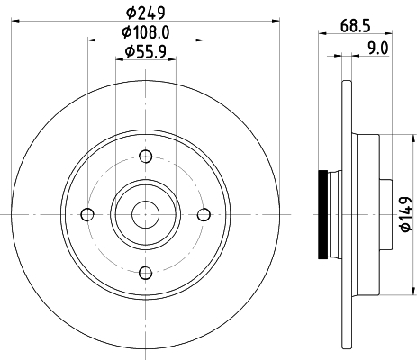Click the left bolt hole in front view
click(86, 214)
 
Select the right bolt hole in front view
click(204, 214)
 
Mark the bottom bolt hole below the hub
click(145, 272)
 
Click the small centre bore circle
click(145, 214)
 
